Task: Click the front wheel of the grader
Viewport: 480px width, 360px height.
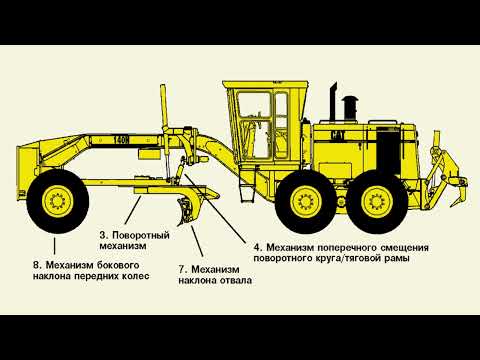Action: [x=58, y=201]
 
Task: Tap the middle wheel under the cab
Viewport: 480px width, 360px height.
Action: [x=306, y=201]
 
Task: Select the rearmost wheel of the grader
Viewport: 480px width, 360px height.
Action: [x=377, y=202]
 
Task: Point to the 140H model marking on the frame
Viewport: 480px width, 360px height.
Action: [x=121, y=140]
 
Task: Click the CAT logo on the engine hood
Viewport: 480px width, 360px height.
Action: [x=338, y=135]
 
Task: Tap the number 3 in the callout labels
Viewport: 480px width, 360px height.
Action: [x=103, y=235]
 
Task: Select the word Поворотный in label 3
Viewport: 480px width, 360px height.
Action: [x=141, y=235]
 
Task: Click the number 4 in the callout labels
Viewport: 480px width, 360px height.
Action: [x=257, y=248]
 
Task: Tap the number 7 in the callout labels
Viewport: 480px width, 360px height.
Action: [x=182, y=269]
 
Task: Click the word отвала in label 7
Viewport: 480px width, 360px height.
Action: [x=235, y=280]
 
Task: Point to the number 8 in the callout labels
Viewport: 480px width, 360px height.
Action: [x=37, y=265]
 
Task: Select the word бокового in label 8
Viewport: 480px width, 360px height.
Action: [x=118, y=265]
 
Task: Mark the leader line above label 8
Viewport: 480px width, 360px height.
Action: [x=54, y=246]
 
